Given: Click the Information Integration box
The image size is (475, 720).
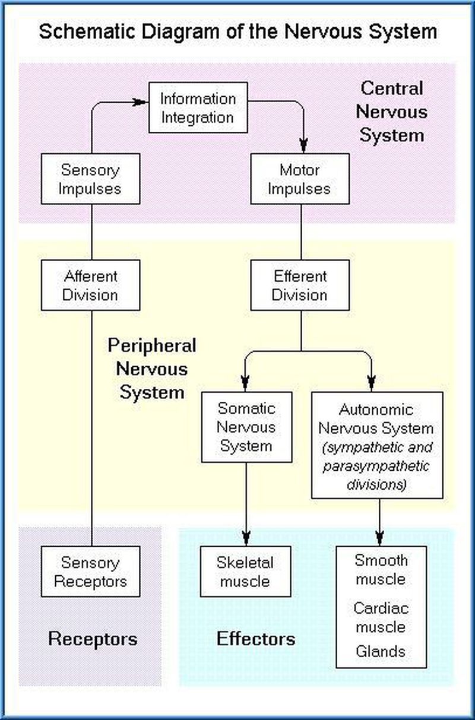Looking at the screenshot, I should tap(198, 107).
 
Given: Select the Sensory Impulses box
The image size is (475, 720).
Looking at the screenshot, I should tap(90, 179).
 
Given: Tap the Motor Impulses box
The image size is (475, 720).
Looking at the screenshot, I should tap(300, 179).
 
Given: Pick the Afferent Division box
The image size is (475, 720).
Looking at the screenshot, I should tap(90, 286).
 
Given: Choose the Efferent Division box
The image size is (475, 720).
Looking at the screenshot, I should tap(300, 286).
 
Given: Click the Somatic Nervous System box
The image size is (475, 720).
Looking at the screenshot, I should tap(246, 427).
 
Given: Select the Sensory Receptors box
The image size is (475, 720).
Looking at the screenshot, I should tap(90, 571).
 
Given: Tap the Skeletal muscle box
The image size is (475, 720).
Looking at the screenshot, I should tap(245, 571).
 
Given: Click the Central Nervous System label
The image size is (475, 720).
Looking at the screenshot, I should tap(392, 112).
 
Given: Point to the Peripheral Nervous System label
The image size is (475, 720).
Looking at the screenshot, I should tap(152, 369).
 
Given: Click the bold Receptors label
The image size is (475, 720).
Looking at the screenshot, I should tap(93, 639).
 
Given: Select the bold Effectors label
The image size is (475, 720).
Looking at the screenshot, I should tap(256, 639).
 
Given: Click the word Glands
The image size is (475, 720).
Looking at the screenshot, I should tap(381, 651).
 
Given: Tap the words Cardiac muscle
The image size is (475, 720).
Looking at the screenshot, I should tap(381, 617).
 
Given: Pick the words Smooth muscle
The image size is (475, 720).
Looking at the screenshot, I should tap(381, 569).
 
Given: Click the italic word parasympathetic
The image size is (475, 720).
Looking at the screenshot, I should tap(376, 466).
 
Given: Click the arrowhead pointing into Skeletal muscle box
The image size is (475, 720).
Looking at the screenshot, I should tap(246, 538).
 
